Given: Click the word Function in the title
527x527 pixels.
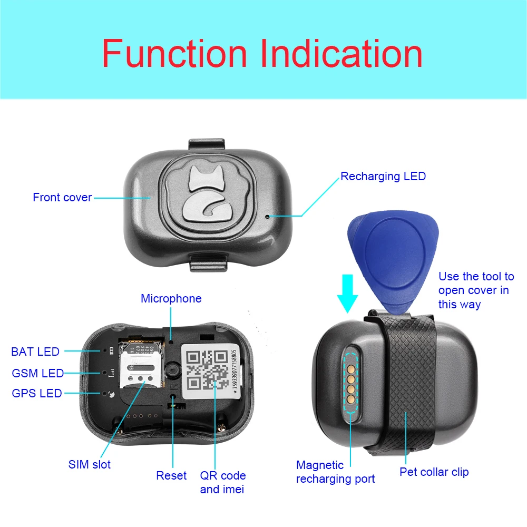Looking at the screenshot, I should coord(174,54).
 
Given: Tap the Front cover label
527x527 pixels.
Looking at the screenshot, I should coord(62,198).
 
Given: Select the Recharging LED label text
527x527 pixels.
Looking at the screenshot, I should coord(383,177).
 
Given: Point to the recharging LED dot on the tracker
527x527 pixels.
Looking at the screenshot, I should coord(268,216).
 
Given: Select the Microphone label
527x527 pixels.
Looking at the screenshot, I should coord(171,299).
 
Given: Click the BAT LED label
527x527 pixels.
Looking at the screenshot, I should coord(35,352).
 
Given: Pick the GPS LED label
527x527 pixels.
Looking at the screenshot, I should coord(37,394).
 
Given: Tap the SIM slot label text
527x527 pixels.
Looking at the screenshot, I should coord(90,465).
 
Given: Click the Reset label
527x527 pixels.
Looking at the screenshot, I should coord(171,476).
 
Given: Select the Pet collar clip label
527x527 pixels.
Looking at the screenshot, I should coord(434,472).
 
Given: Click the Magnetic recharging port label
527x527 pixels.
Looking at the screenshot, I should coord(336,472).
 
